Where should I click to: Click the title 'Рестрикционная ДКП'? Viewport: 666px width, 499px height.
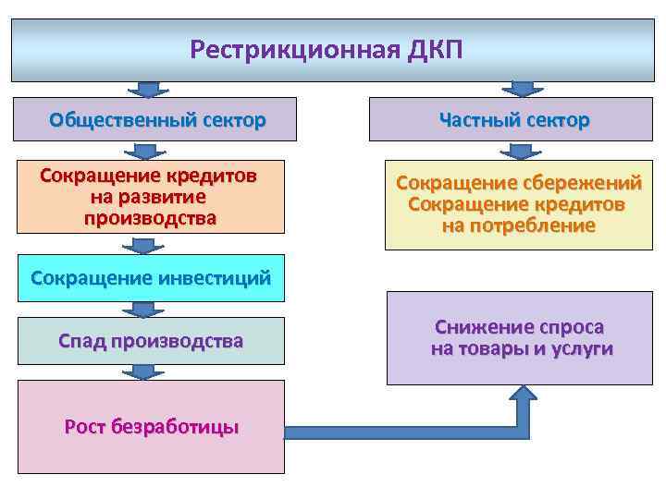point(325,50)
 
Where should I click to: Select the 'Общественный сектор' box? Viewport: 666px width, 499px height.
point(157,119)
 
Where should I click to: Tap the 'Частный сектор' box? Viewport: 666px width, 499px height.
point(514,120)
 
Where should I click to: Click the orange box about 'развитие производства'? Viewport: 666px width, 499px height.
point(150,197)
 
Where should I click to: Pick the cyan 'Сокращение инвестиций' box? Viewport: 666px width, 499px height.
point(151,276)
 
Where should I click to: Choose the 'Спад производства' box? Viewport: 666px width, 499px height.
point(151,341)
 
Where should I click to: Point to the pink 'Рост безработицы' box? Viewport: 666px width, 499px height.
point(151,426)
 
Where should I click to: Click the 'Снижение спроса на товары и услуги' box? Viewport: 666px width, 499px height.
point(520,338)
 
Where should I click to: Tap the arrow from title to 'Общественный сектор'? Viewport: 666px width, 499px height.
point(144,90)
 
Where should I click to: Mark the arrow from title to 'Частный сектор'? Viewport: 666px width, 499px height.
point(523,90)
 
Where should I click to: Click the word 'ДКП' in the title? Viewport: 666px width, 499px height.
point(433,50)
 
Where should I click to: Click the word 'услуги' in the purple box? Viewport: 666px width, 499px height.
point(578,349)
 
